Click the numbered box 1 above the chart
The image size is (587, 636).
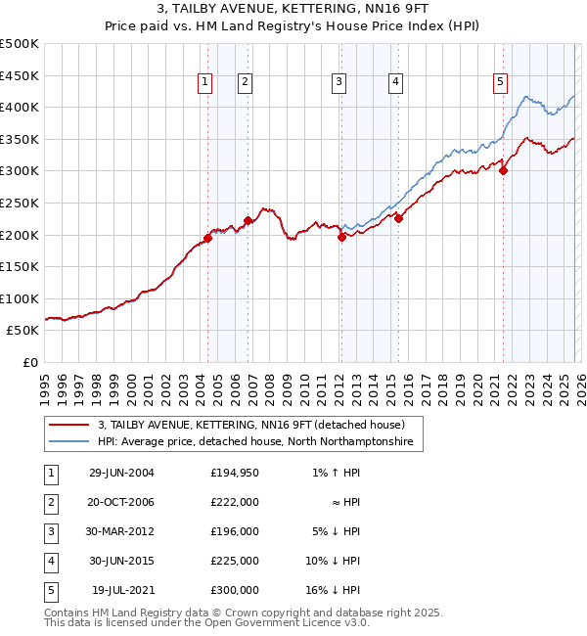205,83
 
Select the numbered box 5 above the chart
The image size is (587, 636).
500,83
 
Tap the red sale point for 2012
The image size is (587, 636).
341,236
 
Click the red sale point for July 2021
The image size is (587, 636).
503,170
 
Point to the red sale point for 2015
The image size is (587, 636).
398,218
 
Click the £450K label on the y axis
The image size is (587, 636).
20,75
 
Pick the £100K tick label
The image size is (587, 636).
20,298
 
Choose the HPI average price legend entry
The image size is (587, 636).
255,442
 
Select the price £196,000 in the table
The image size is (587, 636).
235,531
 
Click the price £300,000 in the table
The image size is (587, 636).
235,590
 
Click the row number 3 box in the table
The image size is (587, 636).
48,531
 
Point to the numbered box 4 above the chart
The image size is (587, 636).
395,83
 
